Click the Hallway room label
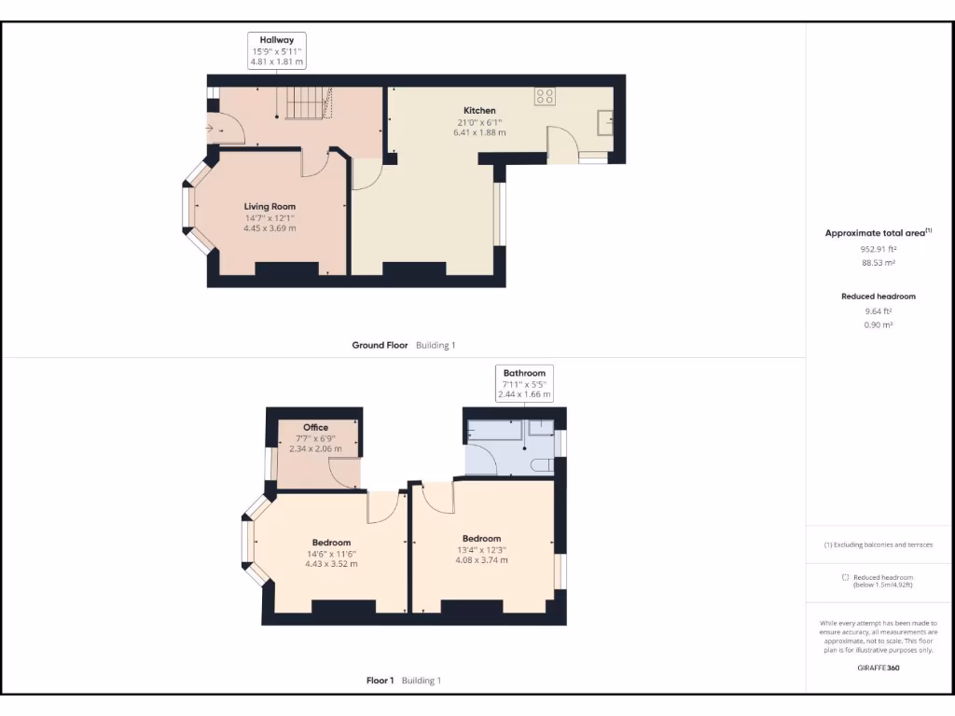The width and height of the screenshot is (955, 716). [277, 40]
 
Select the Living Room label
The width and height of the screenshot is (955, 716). [270, 206]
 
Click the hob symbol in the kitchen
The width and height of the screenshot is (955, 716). [544, 95]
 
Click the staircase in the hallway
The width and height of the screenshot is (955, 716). [308, 103]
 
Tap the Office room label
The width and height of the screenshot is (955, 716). [315, 427]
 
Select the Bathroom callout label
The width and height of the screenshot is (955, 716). [523, 373]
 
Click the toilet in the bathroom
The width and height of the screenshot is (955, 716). [541, 464]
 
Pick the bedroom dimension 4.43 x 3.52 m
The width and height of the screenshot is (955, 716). [331, 564]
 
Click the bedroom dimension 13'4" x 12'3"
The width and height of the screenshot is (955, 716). [481, 549]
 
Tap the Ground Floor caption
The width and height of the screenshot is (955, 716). [380, 345]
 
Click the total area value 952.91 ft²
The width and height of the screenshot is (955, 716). [878, 249]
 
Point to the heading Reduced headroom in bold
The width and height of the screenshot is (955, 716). [878, 296]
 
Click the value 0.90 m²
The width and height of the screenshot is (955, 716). [878, 324]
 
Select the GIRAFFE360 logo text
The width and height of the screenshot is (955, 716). [878, 668]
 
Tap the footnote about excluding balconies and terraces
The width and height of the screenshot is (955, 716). [878, 544]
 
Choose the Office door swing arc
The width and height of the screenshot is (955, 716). [346, 476]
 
